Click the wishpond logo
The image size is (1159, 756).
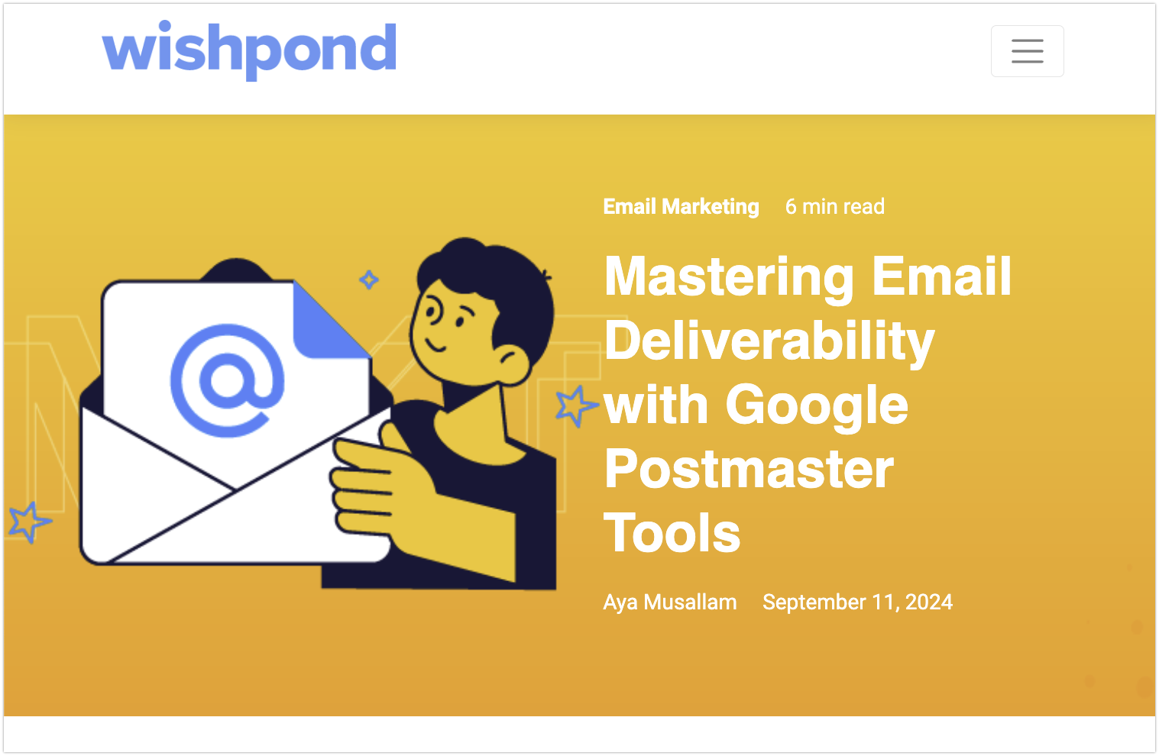(249, 50)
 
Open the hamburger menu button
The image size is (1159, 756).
(1027, 51)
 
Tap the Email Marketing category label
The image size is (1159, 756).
(681, 206)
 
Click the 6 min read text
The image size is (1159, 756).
(834, 206)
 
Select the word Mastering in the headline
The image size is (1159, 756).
(729, 278)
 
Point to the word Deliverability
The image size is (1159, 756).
(769, 341)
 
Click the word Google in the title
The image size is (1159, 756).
(817, 406)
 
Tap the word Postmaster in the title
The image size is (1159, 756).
(749, 469)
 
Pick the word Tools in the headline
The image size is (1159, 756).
(672, 532)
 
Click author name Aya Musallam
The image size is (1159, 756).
(669, 603)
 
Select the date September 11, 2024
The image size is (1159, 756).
(857, 602)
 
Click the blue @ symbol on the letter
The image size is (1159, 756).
(228, 380)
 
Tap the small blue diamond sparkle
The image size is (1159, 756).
(369, 279)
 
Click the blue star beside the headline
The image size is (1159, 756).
(576, 406)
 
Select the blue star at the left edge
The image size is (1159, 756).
(30, 522)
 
